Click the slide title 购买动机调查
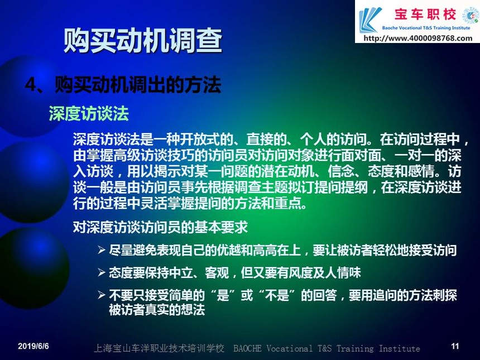(143, 40)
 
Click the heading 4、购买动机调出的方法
(123, 84)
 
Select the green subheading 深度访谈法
(89, 113)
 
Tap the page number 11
(455, 346)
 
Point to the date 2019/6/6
(33, 346)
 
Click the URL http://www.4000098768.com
(418, 39)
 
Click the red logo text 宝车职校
(425, 15)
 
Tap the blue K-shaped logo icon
(370, 20)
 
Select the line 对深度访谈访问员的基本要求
(160, 227)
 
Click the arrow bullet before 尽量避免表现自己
(102, 250)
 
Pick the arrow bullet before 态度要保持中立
(102, 272)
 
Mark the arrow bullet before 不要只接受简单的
(102, 295)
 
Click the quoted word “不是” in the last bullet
(277, 295)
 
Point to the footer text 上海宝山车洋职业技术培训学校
(159, 348)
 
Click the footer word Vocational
(290, 348)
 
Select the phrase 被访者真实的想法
(157, 310)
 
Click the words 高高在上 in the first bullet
(277, 251)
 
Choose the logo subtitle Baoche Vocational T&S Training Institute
(426, 28)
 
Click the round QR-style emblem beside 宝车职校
(471, 15)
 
